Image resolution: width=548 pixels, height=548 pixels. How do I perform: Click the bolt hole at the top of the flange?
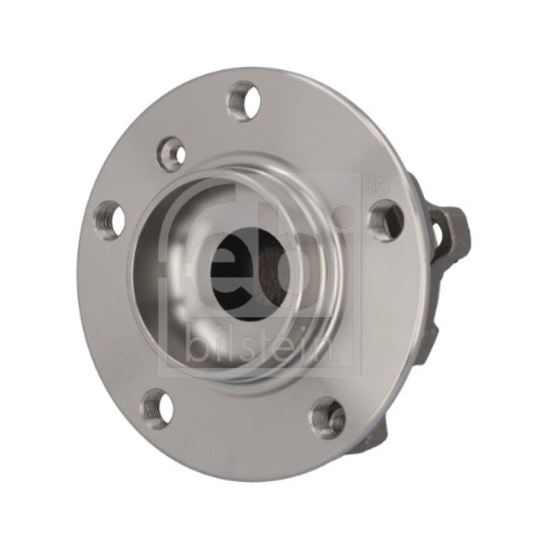point(245,101)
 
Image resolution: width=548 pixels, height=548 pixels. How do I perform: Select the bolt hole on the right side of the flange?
point(387,217)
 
